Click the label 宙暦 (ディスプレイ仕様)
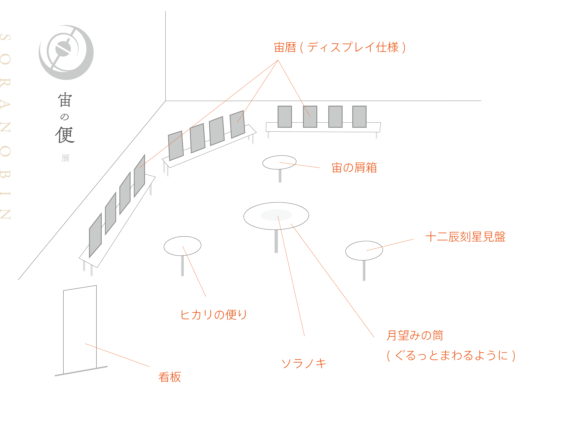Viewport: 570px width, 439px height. click(339, 48)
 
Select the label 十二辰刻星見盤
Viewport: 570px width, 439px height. click(465, 237)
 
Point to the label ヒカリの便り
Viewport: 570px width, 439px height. click(213, 315)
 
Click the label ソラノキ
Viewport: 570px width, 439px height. click(303, 363)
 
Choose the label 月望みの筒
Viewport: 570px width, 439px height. click(414, 335)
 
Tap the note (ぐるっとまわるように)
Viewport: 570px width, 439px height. click(451, 355)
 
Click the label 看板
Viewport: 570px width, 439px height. click(169, 377)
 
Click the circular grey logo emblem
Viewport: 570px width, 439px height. click(66, 52)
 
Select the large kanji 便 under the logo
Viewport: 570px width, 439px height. click(65, 135)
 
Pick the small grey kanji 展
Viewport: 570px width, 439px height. click(65, 158)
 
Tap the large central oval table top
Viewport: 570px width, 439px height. click(276, 216)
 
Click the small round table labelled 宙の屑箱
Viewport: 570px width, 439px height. click(279, 162)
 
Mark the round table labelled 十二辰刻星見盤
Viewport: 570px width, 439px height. click(364, 250)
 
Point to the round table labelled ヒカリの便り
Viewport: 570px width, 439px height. click(182, 246)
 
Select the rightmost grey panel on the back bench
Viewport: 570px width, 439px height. click(359, 117)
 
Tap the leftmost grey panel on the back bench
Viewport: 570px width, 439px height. click(285, 117)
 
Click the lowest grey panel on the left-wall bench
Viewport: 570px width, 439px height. click(95, 235)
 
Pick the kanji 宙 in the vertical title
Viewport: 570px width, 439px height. click(65, 100)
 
